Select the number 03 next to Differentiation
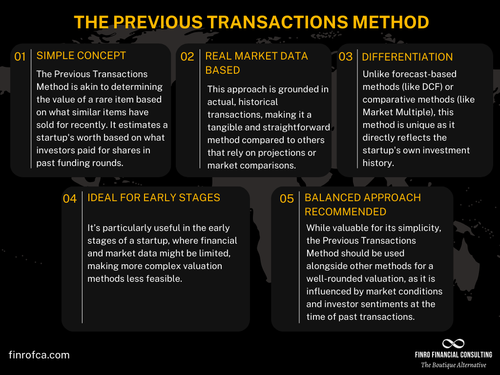pyautogui.click(x=345, y=57)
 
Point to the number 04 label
pyautogui.click(x=70, y=199)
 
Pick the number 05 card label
pyautogui.click(x=287, y=199)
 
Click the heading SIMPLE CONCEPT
pyautogui.click(x=81, y=56)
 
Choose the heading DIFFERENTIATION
pyautogui.click(x=407, y=57)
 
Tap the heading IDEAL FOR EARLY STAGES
pyautogui.click(x=154, y=198)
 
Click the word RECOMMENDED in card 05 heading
pyautogui.click(x=345, y=211)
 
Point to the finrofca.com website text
pyautogui.click(x=39, y=355)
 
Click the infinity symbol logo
pyautogui.click(x=453, y=344)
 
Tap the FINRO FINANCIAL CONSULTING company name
pyautogui.click(x=454, y=355)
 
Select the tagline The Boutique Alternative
pyautogui.click(x=454, y=365)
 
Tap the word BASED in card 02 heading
pyautogui.click(x=223, y=70)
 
